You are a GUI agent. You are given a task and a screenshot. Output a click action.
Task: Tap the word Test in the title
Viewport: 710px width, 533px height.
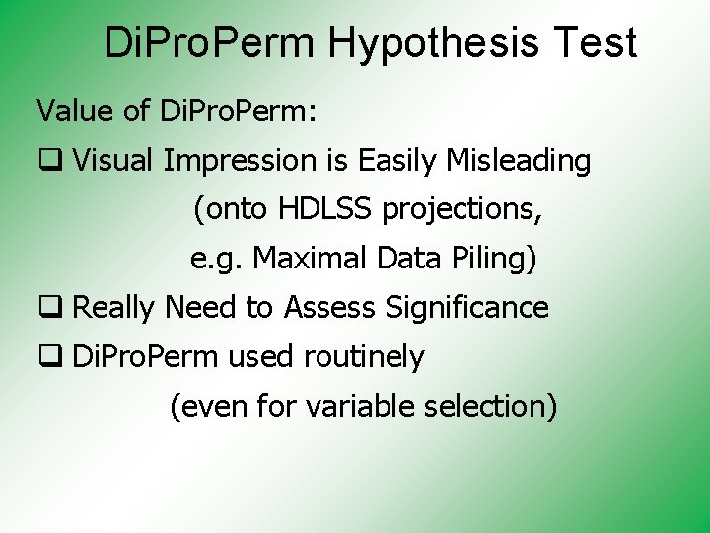[x=596, y=44]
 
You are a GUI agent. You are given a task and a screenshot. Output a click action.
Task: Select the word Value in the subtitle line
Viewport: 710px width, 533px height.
[x=74, y=112]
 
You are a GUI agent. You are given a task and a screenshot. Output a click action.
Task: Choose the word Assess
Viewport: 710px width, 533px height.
[x=330, y=308]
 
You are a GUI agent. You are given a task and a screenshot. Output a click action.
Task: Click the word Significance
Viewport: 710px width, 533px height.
[x=466, y=308]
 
